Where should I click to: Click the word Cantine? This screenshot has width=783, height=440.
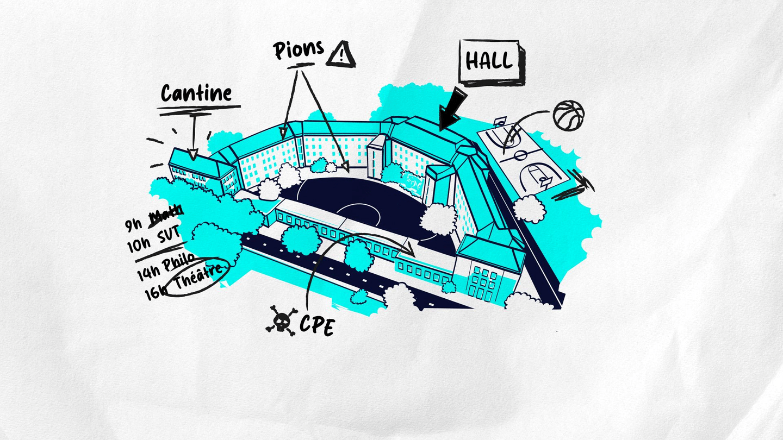pos(196,93)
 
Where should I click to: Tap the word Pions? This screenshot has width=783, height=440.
pos(298,50)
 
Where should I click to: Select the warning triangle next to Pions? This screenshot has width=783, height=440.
pos(340,55)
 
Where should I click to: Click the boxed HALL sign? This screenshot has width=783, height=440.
pos(490,61)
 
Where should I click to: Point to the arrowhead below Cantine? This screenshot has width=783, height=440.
pos(193,154)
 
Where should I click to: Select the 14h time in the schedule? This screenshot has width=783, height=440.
pos(147,273)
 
